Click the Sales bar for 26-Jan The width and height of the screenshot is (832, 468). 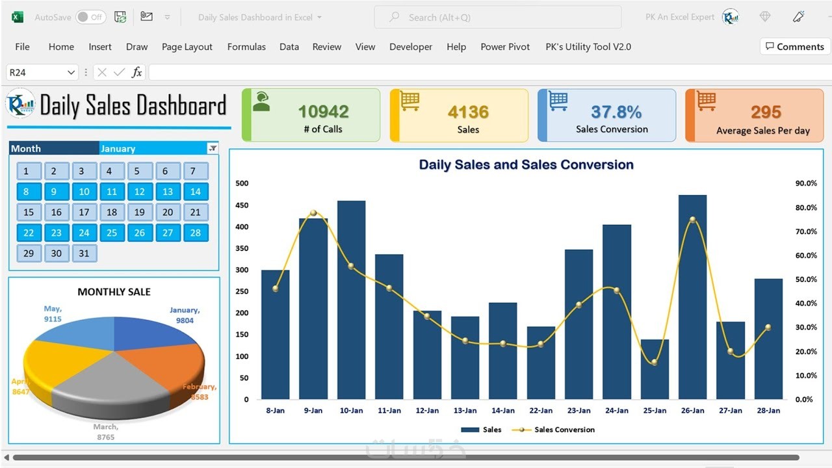point(692,299)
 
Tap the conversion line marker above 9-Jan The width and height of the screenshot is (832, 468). point(313,213)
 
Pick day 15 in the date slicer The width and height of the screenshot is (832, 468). point(29,212)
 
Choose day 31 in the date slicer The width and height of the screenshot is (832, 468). point(84,253)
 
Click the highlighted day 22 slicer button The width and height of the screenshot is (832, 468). point(29,233)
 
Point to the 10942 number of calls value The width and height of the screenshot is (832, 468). point(323,112)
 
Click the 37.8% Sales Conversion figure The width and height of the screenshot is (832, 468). point(616,112)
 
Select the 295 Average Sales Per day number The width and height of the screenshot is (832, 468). point(766,112)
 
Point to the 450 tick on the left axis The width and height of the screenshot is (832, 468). point(242,205)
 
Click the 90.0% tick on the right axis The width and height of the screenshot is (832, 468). point(806,183)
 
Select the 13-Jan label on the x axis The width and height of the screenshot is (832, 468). point(465,411)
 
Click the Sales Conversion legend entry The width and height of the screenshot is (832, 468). point(564,430)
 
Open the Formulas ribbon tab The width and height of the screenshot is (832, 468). point(246,47)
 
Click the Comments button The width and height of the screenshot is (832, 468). point(794,47)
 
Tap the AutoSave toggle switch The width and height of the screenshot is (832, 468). point(90,18)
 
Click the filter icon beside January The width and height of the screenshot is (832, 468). point(213,149)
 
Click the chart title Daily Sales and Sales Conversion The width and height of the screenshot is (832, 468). point(526,164)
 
